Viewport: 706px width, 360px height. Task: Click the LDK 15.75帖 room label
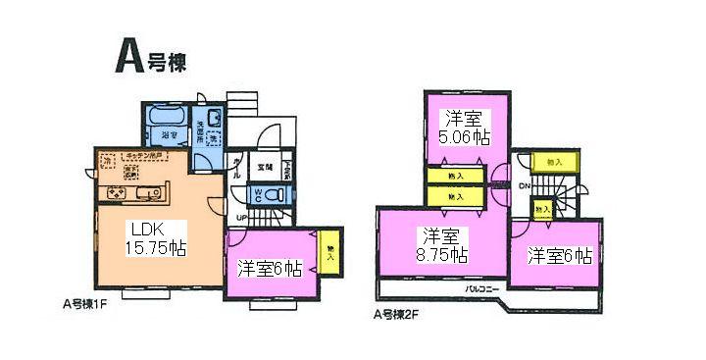pos(158,237)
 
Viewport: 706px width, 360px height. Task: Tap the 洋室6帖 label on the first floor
pos(269,266)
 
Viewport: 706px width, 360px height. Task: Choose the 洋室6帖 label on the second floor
pos(560,256)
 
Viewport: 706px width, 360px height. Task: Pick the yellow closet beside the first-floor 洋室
pos(330,252)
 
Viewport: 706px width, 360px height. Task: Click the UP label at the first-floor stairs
pos(240,217)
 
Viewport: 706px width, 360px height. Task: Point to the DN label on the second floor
pos(525,184)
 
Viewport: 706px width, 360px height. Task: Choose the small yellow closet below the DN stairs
pos(541,208)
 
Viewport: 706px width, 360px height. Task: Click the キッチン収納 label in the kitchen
pos(148,156)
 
